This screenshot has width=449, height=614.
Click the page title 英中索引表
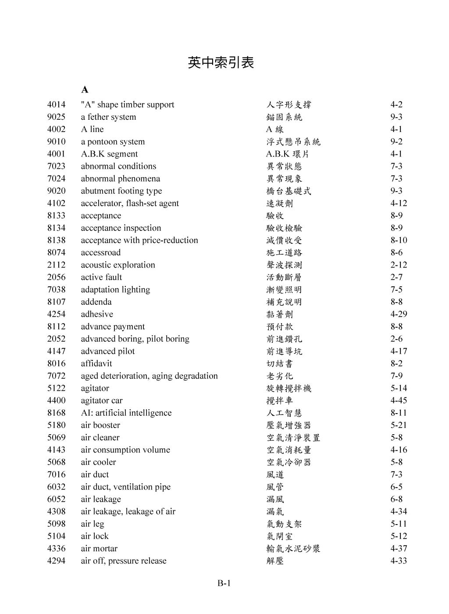click(x=221, y=63)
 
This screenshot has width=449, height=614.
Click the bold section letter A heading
click(x=85, y=90)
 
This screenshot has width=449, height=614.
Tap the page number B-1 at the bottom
click(x=224, y=583)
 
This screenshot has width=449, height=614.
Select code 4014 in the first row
click(x=56, y=105)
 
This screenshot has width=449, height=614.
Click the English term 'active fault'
click(x=101, y=277)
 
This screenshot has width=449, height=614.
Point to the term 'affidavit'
click(x=96, y=364)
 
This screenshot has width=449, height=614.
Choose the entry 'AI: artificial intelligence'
click(x=126, y=413)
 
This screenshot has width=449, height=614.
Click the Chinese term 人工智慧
click(x=284, y=413)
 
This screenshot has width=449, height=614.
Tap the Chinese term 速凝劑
click(x=279, y=203)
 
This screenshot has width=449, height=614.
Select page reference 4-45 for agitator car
click(x=399, y=400)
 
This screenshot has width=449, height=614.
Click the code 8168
click(x=56, y=413)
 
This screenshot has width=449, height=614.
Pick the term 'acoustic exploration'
click(x=118, y=265)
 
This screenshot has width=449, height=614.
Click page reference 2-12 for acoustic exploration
click(x=399, y=265)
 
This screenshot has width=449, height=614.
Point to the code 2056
click(x=56, y=277)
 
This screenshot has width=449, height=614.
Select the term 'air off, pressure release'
click(x=123, y=561)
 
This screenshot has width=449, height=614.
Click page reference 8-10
click(x=399, y=240)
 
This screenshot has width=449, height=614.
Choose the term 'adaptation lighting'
click(x=115, y=289)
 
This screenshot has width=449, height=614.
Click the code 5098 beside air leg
click(x=56, y=524)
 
